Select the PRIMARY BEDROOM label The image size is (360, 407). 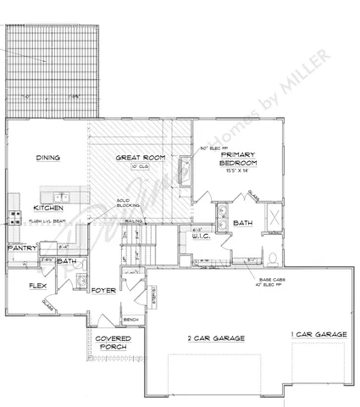pyautogui.click(x=234, y=159)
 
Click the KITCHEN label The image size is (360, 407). pyautogui.click(x=48, y=208)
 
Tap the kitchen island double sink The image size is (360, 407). pyautogui.click(x=73, y=197)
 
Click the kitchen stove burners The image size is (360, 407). pyautogui.click(x=13, y=203)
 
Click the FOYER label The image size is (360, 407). pyautogui.click(x=103, y=290)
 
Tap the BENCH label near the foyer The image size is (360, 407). pyautogui.click(x=130, y=320)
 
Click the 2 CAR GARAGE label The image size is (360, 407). pyautogui.click(x=216, y=337)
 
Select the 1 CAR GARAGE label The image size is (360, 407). pyautogui.click(x=318, y=336)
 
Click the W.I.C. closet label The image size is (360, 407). pyautogui.click(x=201, y=237)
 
